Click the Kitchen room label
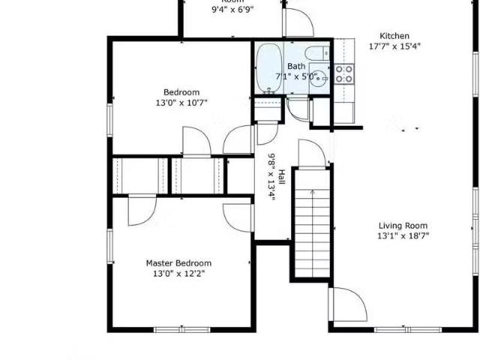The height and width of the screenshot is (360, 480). tap(394, 35)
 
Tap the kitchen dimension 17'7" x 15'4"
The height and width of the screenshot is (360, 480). tap(394, 46)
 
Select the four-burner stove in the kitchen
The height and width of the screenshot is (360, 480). tap(344, 73)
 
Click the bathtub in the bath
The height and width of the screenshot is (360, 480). tap(268, 68)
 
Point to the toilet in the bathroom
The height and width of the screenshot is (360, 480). tap(318, 53)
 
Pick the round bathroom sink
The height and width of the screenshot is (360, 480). tap(320, 76)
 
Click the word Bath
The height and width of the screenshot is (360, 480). tap(296, 66)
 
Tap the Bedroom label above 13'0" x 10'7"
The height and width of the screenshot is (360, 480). tap(181, 92)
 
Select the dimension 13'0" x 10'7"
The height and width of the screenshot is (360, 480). tap(181, 103)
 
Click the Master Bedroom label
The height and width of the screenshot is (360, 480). tap(178, 263)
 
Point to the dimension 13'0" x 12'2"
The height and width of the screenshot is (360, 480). tap(178, 274)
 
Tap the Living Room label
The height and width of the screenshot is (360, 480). tap(403, 225)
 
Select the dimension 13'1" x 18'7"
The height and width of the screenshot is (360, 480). tap(403, 235)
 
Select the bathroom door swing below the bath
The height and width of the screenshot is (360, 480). tap(298, 109)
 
